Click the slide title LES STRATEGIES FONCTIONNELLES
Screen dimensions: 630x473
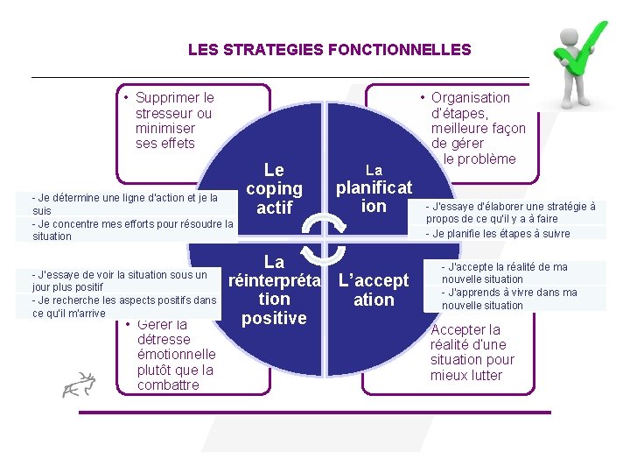329,50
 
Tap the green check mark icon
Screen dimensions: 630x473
581,46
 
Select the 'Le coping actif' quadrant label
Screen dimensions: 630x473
274,188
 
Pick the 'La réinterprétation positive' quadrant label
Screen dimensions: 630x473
274,290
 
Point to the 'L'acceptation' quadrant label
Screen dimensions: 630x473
374,290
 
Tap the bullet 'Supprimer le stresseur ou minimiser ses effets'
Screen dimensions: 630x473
173,120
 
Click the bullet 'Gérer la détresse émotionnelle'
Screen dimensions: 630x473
175,354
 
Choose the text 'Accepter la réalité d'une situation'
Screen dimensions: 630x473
472,352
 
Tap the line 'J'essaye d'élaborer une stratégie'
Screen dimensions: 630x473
511,212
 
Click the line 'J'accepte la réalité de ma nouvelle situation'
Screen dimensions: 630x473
504,272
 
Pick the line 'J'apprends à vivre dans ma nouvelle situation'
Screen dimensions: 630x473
508,299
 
